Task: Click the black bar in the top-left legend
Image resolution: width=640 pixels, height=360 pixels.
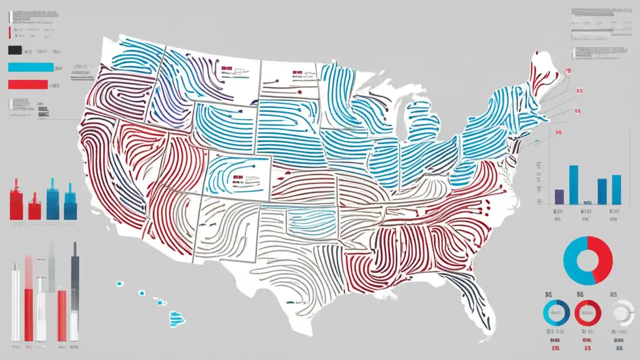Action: (15, 50)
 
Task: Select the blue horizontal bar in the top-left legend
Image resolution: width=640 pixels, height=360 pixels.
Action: (30, 67)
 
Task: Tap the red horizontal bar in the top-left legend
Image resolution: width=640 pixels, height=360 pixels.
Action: (28, 84)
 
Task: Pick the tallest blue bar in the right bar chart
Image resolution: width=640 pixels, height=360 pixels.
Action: (573, 184)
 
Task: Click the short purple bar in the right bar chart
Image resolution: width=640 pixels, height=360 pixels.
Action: (559, 196)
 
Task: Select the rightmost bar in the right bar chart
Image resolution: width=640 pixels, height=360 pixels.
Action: (616, 189)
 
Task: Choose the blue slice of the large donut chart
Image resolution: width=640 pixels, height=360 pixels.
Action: (573, 262)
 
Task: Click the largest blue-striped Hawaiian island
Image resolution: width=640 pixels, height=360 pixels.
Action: (176, 317)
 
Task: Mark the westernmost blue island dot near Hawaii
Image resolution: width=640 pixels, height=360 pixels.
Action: (119, 283)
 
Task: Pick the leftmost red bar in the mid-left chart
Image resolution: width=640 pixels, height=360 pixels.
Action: (16, 200)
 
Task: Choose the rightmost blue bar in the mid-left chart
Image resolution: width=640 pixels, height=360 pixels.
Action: (69, 204)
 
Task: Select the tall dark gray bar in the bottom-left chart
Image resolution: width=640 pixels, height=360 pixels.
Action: (74, 290)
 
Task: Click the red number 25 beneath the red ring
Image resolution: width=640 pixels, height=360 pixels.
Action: (587, 347)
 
